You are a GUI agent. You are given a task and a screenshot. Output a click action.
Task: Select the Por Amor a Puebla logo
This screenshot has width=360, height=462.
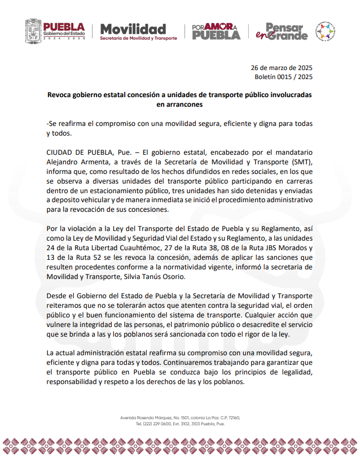click(x=216, y=31)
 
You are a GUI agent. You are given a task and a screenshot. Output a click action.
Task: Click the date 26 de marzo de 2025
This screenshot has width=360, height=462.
click(x=282, y=67)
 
